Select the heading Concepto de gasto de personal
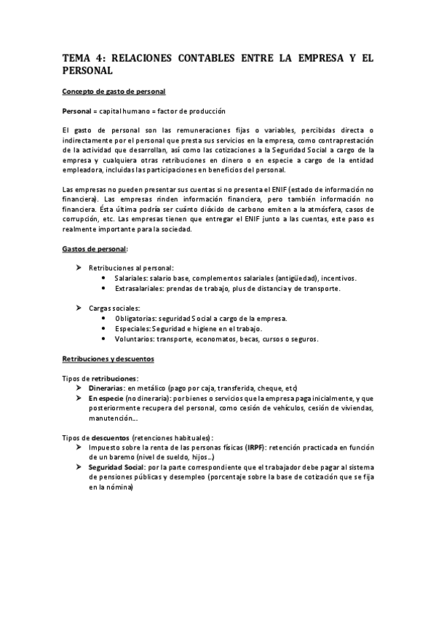point(114,91)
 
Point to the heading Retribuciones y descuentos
point(107,359)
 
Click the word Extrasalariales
point(139,289)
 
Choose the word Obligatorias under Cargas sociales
point(136,319)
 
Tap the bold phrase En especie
point(106,399)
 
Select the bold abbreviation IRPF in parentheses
point(255,447)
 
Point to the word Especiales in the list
point(133,329)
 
